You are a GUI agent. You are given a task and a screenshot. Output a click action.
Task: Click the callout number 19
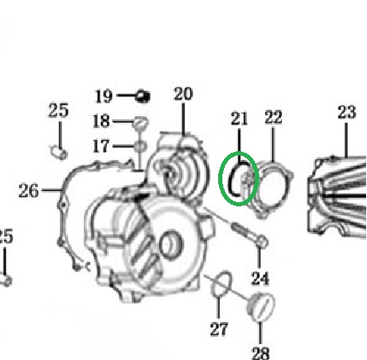click(x=104, y=96)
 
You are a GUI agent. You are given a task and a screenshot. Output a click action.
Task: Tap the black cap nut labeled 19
click(x=142, y=96)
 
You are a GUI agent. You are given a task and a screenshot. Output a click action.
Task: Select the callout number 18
click(x=101, y=121)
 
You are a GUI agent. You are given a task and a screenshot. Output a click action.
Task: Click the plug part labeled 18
click(x=140, y=123)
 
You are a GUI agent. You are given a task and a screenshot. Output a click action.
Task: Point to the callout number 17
click(x=101, y=146)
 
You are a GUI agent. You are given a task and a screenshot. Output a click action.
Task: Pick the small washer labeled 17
click(x=140, y=146)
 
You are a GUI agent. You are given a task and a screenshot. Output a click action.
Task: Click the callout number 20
click(x=183, y=94)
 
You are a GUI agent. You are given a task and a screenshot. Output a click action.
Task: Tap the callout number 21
click(x=239, y=119)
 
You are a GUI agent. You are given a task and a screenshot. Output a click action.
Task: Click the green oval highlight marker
click(x=220, y=178)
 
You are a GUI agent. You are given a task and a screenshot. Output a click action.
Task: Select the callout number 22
click(x=273, y=117)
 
